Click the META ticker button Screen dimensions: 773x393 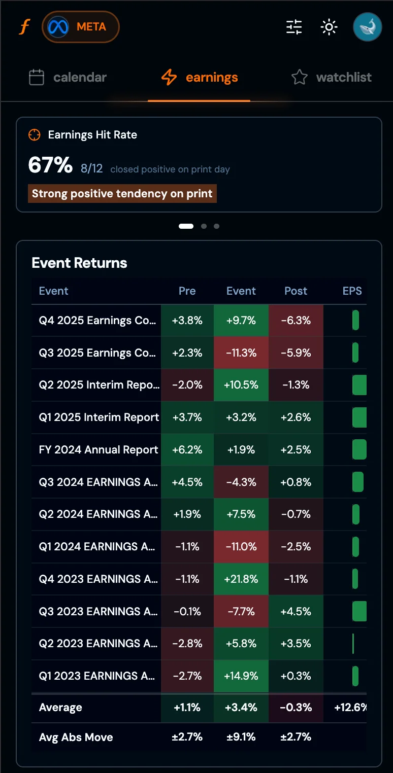81,27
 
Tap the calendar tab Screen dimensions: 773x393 68,78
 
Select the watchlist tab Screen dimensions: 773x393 332,78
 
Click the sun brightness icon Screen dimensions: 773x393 329,27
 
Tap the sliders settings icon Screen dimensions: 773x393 294,27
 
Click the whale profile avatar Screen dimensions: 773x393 367,27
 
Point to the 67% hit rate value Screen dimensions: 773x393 50,165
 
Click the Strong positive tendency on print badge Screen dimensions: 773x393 122,194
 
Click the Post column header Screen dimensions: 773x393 296,291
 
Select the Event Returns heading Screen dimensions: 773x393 79,263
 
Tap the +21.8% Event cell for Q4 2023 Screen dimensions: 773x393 241,579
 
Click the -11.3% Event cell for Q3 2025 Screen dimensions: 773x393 241,353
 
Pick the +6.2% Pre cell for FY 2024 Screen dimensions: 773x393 187,450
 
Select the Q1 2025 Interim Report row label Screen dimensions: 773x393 99,417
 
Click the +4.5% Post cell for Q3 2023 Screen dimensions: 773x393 296,612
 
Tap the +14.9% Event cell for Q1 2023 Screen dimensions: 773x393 241,676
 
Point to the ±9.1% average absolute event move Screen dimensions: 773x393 241,737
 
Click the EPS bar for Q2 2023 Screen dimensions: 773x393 353,644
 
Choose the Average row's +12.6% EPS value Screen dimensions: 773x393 350,708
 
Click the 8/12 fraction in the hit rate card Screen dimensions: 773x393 92,169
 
